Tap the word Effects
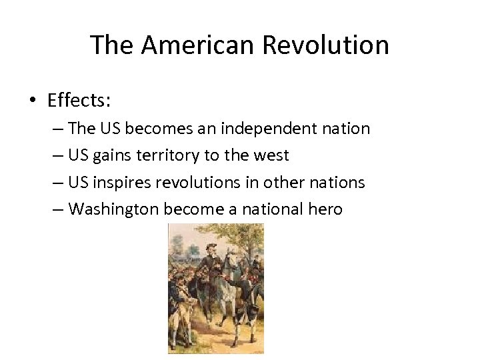pyautogui.click(x=79, y=101)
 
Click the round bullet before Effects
pyautogui.click(x=33, y=101)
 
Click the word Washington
pyautogui.click(x=110, y=210)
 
